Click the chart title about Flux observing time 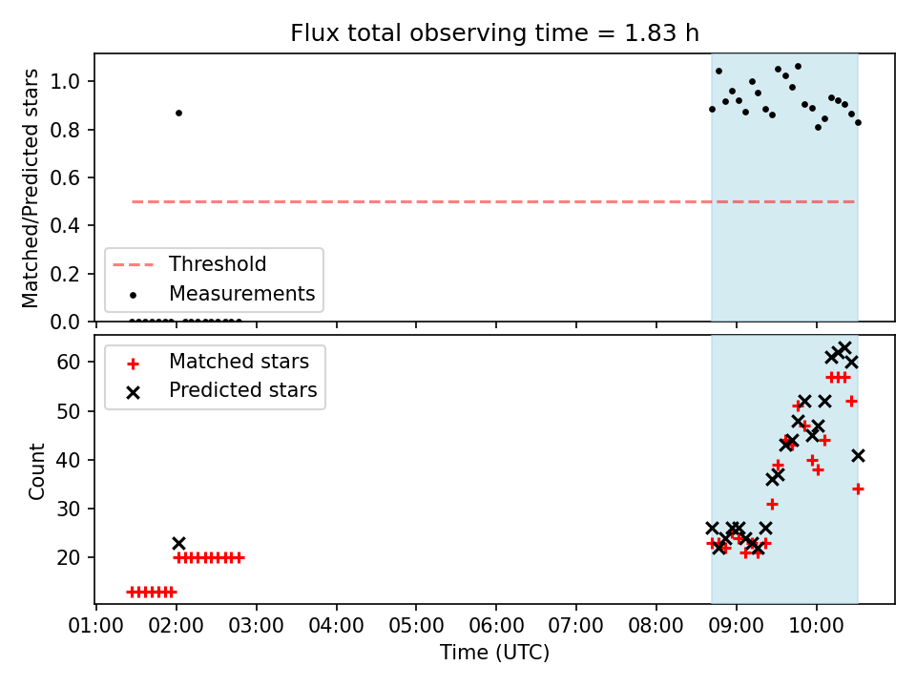pos(495,32)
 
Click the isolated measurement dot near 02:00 pos(178,113)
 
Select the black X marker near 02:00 pos(178,543)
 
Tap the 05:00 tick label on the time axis pos(416,626)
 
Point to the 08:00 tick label pos(656,626)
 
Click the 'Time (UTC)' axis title pos(495,652)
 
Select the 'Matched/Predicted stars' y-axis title pos(30,188)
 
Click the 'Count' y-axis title pos(36,471)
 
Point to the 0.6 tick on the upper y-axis pos(65,177)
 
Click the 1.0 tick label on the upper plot pos(65,81)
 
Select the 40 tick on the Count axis pos(69,460)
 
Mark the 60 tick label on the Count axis pos(69,363)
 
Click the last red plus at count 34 pos(858,489)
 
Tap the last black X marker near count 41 pos(858,456)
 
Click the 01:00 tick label pos(95,626)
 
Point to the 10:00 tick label pos(816,626)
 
